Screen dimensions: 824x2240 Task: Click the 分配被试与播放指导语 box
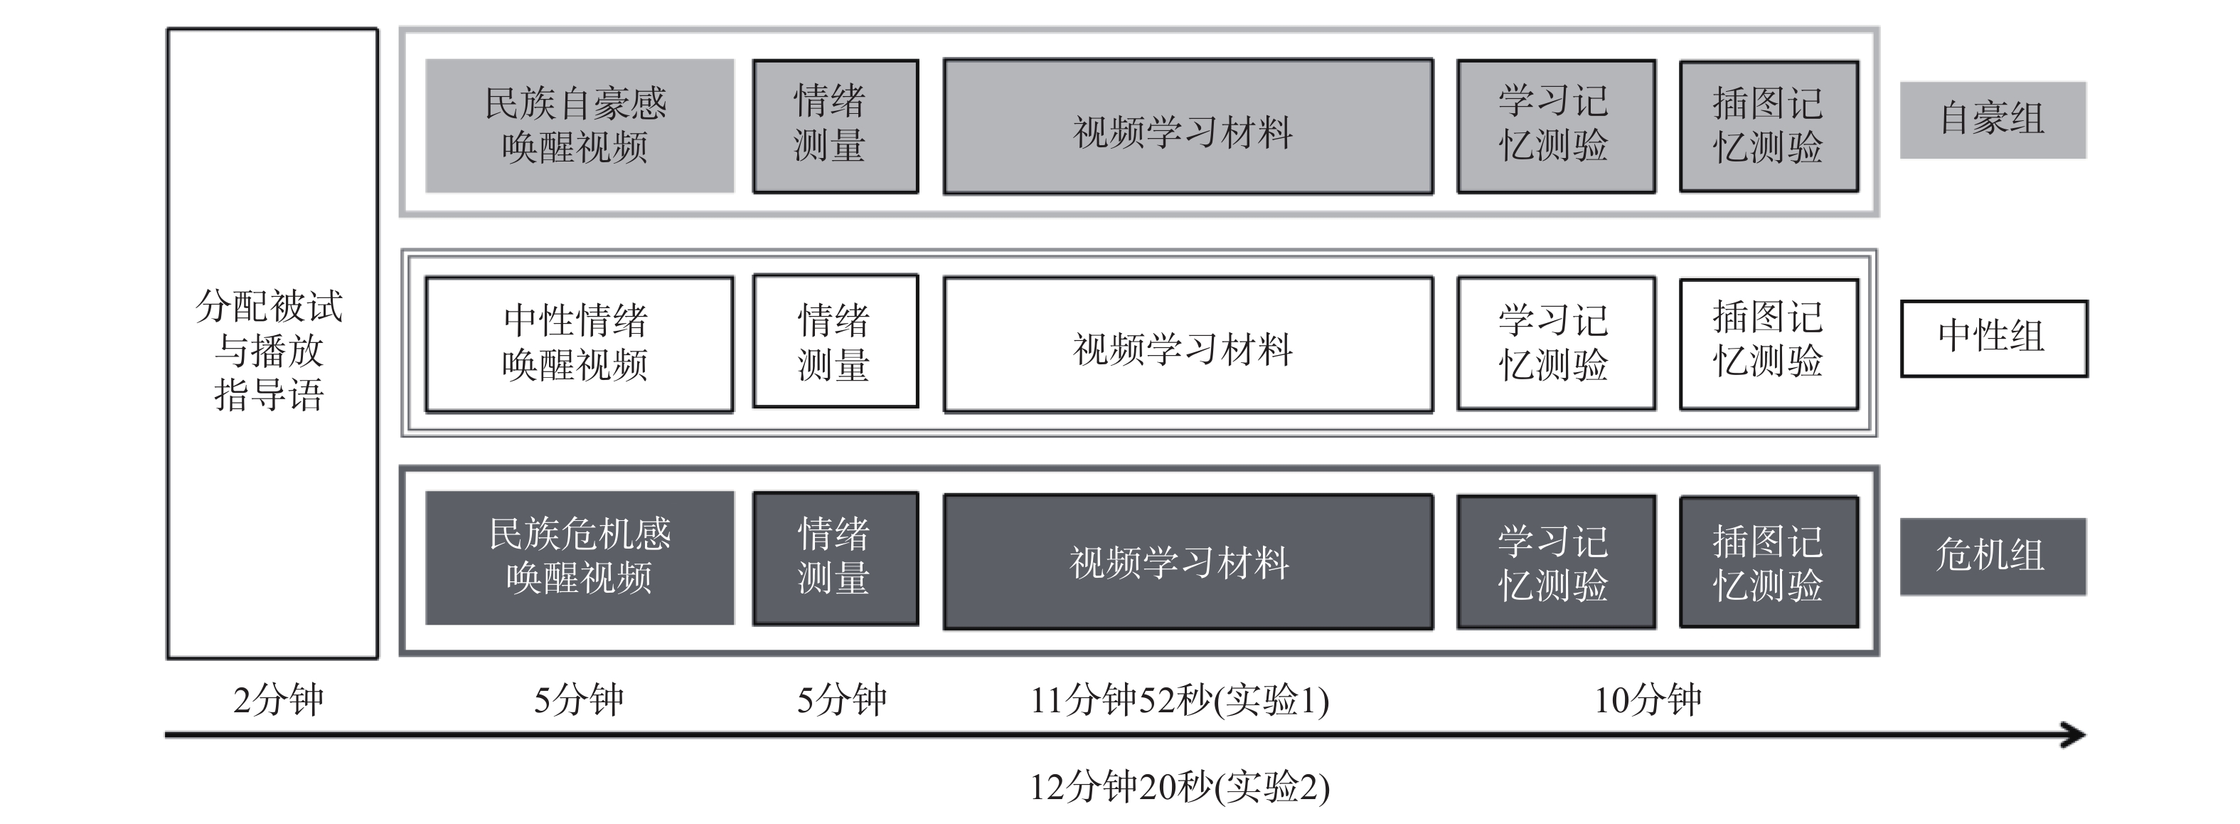(272, 344)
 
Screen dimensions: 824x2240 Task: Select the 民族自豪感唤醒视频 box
(579, 126)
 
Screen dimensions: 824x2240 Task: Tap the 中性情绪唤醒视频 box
(579, 344)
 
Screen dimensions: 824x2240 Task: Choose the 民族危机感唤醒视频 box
(579, 558)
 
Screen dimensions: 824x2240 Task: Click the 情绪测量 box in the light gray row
(835, 126)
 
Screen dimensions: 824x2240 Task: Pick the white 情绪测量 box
(835, 341)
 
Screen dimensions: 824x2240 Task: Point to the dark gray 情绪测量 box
(835, 558)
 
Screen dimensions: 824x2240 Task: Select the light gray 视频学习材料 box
(1188, 126)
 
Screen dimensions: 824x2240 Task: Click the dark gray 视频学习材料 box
(1188, 561)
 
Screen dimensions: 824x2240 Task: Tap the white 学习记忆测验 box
(1556, 343)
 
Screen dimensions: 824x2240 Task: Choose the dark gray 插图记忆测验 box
(1769, 561)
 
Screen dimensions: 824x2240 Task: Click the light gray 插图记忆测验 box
(1769, 126)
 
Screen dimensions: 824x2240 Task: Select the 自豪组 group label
(1992, 120)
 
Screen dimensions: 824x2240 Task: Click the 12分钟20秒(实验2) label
(1180, 788)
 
